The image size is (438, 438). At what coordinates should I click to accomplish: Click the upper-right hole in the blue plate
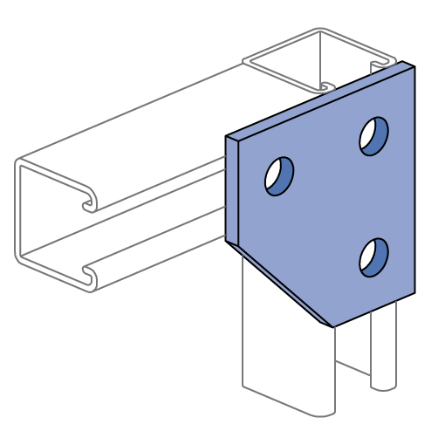pos(373,136)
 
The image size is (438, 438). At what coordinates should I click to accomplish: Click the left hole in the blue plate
pos(279,176)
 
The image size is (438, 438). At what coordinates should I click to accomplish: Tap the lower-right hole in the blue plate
pos(373,257)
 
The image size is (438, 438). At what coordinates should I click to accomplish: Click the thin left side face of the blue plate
pos(232,190)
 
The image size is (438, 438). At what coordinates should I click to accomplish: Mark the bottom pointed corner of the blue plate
pos(332,325)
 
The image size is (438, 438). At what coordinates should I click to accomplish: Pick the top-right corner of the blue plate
pos(413,67)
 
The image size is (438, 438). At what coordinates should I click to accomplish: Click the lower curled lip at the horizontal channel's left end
pos(88,277)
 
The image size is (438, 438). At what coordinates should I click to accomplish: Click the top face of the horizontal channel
pos(131,131)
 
